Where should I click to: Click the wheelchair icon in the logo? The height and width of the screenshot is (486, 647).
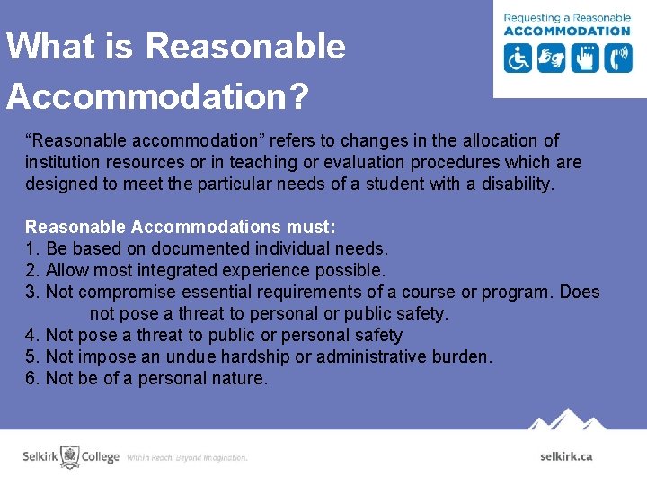tap(518, 58)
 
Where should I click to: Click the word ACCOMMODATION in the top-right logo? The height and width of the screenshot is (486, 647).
tap(567, 31)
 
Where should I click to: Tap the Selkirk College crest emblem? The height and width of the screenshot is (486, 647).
tap(69, 456)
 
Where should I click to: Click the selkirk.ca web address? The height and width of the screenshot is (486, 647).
tap(566, 456)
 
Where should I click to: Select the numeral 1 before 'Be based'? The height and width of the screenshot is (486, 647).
tap(30, 248)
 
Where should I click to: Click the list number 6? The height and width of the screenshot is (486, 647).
tap(30, 378)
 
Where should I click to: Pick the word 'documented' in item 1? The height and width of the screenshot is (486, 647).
tap(199, 248)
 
